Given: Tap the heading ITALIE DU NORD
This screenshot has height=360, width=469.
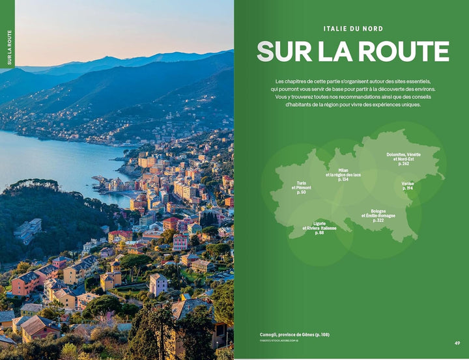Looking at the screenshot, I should click(352, 29).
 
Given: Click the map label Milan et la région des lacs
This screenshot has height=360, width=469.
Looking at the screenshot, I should click(343, 174).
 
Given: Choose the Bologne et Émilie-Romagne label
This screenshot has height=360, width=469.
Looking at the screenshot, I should click(378, 215).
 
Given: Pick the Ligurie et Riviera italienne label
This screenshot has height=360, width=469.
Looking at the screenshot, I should click(319, 228).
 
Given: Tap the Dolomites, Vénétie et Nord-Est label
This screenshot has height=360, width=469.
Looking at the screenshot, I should click(403, 159).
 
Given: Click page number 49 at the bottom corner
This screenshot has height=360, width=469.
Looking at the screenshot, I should click(457, 343).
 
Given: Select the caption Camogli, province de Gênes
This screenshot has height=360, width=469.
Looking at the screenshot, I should click(294, 335).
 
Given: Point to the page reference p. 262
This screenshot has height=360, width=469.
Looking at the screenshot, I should click(403, 163).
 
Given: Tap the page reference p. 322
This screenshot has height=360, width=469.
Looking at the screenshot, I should click(378, 221).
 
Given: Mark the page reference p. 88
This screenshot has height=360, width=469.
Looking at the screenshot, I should click(319, 232).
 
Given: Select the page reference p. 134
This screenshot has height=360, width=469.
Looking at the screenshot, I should click(343, 179).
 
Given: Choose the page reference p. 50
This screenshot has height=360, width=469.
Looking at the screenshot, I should click(301, 192).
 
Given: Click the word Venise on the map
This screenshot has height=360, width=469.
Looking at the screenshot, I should click(408, 184).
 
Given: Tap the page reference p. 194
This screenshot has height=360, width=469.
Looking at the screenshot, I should click(408, 189).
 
